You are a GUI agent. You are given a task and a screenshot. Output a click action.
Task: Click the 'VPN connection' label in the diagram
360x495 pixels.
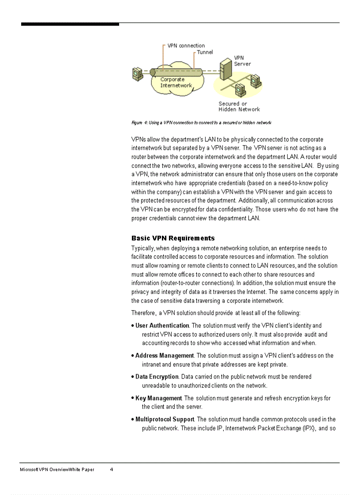(186, 46)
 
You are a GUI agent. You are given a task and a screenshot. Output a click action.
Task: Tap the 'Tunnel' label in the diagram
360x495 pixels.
(205, 52)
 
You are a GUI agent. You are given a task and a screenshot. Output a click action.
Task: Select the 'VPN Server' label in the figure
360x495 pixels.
(242, 61)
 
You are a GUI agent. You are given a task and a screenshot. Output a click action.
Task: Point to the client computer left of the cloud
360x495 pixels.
(137, 73)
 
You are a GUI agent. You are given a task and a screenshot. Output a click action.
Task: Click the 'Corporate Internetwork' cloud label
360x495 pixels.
(176, 82)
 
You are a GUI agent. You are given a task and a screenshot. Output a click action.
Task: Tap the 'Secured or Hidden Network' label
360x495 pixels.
(239, 107)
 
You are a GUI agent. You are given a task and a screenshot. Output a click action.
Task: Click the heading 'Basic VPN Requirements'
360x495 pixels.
(173, 238)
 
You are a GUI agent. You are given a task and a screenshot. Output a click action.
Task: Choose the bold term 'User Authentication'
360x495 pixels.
(162, 326)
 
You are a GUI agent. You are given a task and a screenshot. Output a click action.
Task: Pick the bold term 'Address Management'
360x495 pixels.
(164, 356)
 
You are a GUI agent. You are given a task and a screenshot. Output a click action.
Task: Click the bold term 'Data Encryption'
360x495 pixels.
(157, 377)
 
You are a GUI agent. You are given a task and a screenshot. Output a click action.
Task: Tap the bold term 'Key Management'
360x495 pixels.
(158, 398)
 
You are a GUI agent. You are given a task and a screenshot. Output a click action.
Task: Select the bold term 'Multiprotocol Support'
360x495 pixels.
(165, 420)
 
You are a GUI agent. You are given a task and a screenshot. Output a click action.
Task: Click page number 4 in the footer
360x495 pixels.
(112, 469)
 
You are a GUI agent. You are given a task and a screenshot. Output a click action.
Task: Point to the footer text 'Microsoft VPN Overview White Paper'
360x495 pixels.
(57, 469)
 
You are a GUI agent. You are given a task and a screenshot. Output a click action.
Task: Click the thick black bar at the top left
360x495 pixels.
(70, 24)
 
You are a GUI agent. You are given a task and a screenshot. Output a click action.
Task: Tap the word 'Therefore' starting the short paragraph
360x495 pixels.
(143, 313)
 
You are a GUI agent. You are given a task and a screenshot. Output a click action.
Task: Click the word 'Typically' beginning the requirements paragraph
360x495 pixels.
(143, 249)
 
